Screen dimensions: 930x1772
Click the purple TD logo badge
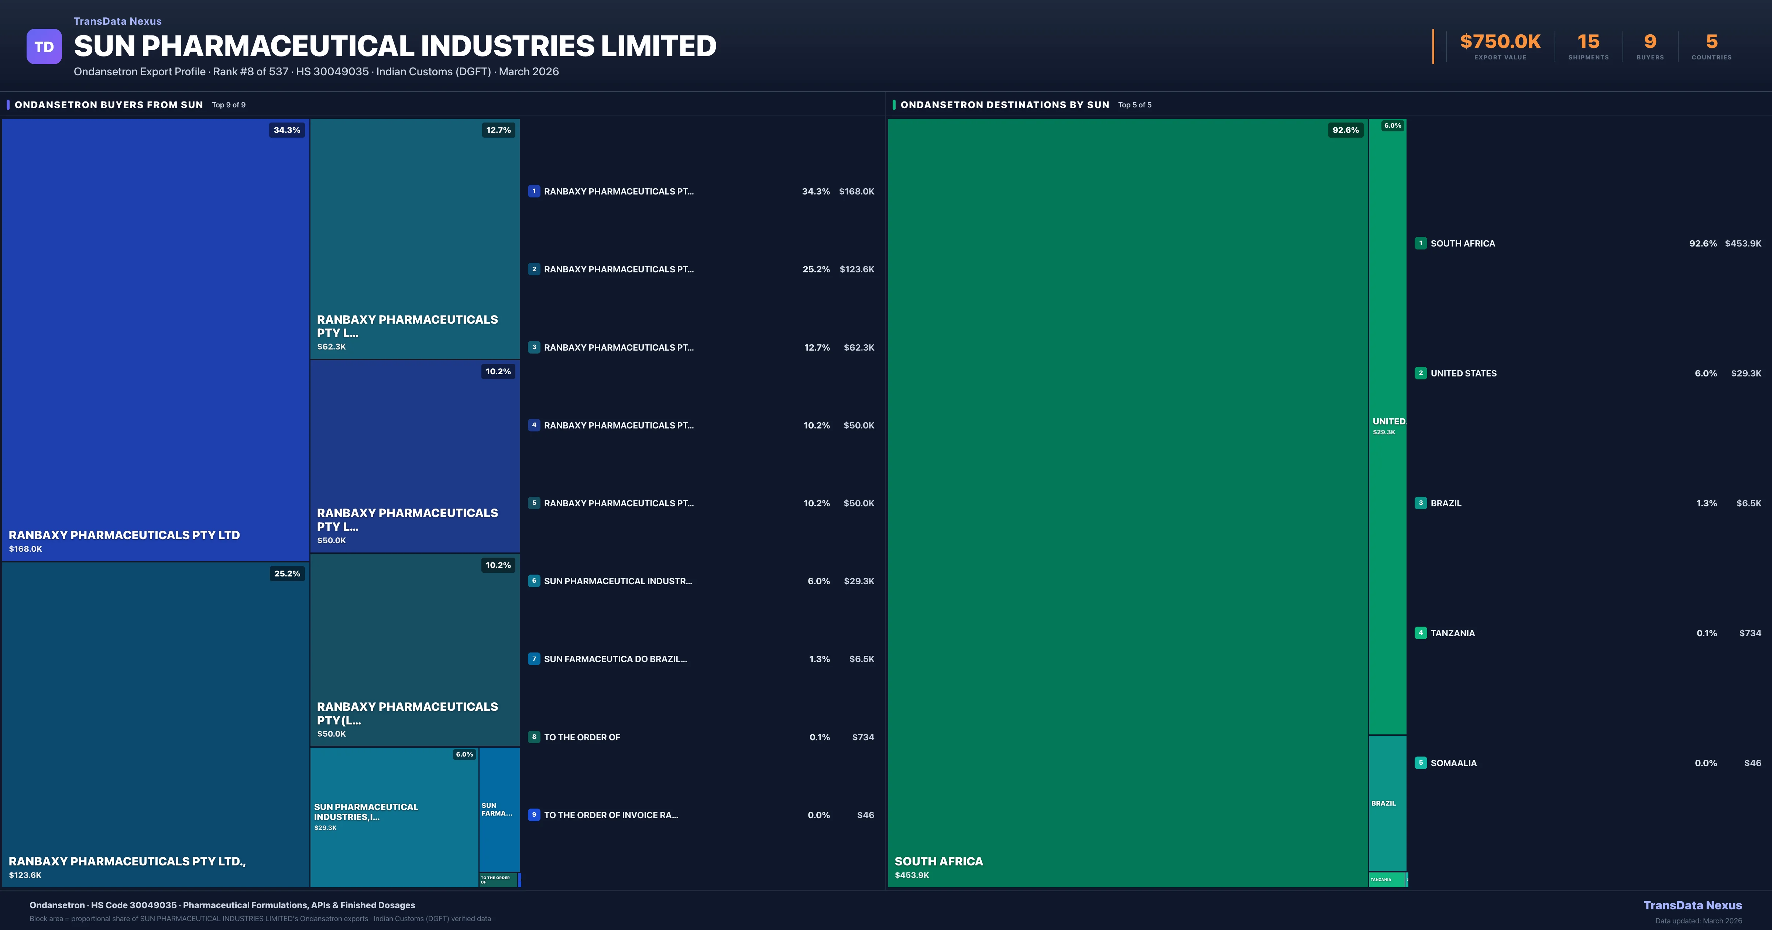(44, 47)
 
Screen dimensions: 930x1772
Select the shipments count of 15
(1588, 42)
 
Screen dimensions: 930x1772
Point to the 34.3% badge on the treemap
(287, 130)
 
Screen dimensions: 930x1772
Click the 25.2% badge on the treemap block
(287, 573)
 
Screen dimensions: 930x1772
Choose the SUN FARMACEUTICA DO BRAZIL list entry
(615, 659)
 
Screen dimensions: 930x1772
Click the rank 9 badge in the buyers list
(534, 815)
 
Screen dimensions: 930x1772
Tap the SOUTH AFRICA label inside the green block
(938, 861)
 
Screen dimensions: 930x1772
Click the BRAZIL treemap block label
(1383, 803)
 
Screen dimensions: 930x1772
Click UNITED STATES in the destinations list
(1463, 373)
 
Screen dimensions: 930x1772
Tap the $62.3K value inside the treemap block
(332, 347)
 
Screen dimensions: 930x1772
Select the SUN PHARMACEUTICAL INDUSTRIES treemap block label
(366, 812)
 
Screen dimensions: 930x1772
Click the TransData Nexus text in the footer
(1692, 905)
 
